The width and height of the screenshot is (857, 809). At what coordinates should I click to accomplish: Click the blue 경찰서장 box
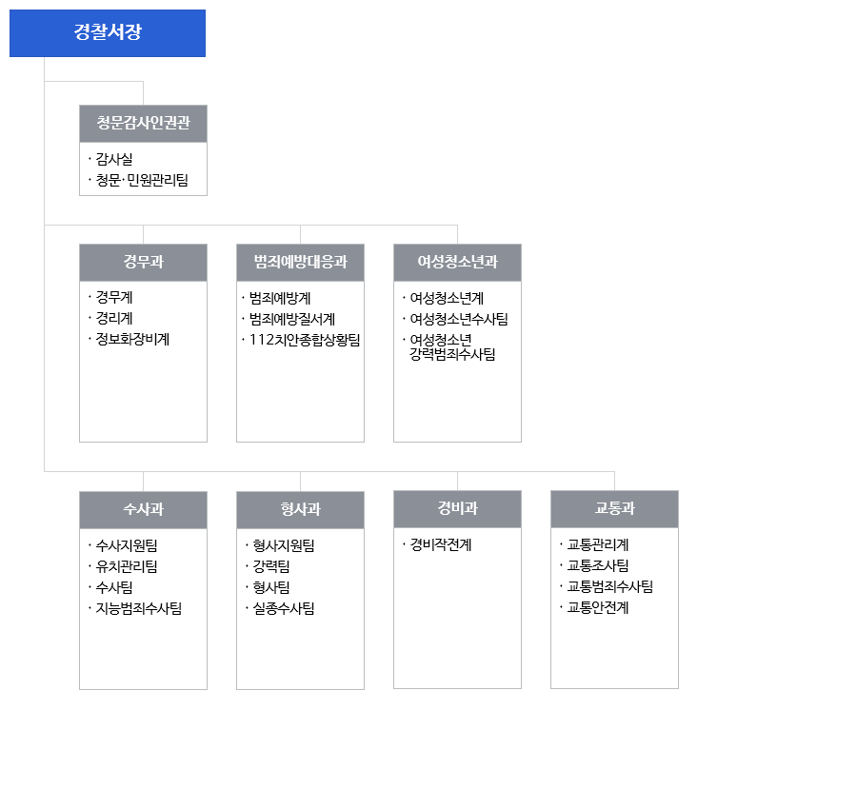[108, 32]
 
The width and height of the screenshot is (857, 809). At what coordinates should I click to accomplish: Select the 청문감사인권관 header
[143, 124]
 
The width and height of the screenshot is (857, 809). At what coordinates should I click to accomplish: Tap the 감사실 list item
[114, 159]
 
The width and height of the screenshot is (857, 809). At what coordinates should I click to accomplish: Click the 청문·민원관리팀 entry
[142, 180]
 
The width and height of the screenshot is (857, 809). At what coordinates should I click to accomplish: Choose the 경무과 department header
[143, 262]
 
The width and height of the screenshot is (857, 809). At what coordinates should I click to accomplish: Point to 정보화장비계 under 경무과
[132, 339]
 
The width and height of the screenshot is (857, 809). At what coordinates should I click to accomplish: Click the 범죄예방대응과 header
[300, 262]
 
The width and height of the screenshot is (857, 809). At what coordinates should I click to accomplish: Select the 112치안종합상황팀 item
[305, 340]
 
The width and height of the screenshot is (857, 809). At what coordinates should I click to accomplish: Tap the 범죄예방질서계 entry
[292, 319]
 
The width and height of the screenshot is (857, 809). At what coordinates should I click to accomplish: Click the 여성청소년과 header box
[457, 262]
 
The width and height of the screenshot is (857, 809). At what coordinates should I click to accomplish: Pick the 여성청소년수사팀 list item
[459, 319]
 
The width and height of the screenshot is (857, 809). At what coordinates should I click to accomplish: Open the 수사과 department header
[143, 509]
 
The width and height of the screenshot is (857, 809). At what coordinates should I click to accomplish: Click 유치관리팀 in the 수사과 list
[127, 566]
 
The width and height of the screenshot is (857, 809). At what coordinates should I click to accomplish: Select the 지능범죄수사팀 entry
[139, 608]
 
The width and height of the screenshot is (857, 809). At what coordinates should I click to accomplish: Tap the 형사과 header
[300, 509]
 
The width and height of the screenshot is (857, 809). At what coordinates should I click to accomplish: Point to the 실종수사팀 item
[284, 608]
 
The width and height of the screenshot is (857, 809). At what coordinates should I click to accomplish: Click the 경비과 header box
[457, 508]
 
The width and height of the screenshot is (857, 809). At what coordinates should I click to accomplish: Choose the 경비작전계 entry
[441, 544]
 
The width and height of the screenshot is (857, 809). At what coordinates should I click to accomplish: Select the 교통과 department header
[614, 508]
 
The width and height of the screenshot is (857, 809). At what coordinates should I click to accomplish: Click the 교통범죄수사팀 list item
[610, 586]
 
